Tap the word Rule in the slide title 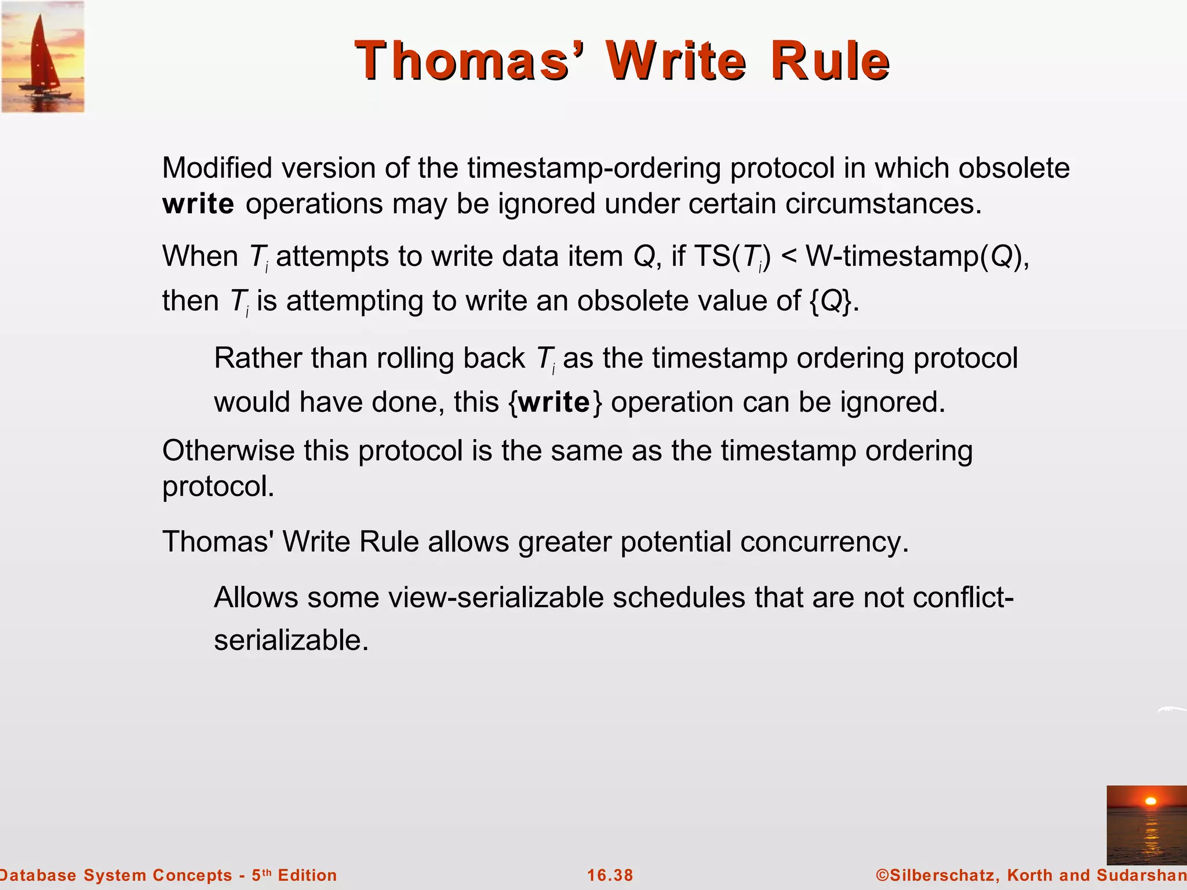click(x=830, y=61)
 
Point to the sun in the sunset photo click(x=1150, y=801)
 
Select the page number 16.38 click(x=610, y=875)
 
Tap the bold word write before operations click(x=198, y=204)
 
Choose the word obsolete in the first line click(x=1014, y=168)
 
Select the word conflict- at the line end click(x=963, y=597)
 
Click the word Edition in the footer click(x=307, y=875)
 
